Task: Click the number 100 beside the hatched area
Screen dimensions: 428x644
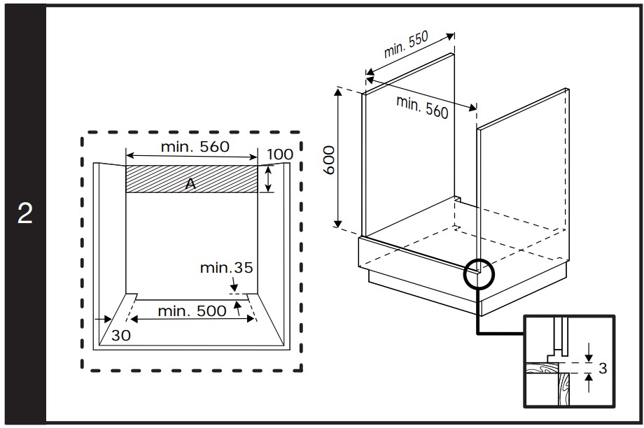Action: (x=280, y=154)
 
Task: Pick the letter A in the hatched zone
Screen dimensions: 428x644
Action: (x=189, y=183)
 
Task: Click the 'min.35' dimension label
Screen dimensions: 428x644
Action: (x=226, y=267)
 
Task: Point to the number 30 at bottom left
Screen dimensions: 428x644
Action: (x=121, y=335)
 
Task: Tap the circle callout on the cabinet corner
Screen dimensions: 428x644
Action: (x=479, y=274)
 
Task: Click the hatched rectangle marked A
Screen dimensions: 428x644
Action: (x=161, y=178)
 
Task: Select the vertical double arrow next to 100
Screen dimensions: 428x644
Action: (x=268, y=179)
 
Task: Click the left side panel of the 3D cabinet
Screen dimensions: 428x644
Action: (x=409, y=154)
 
